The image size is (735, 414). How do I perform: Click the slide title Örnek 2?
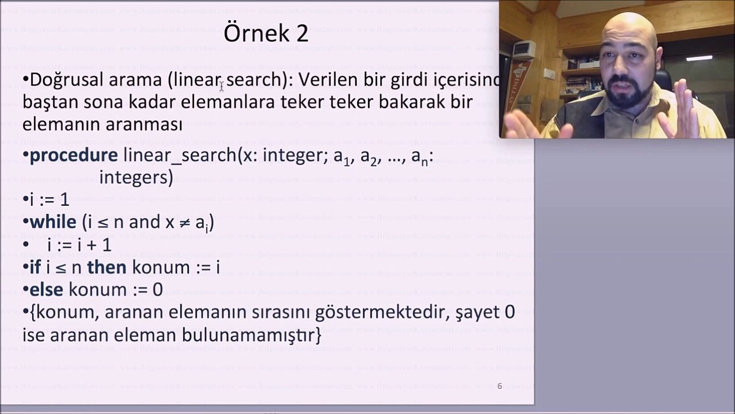pyautogui.click(x=266, y=33)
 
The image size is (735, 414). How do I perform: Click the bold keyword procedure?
pyautogui.click(x=73, y=155)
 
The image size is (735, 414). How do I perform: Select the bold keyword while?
pyautogui.click(x=53, y=222)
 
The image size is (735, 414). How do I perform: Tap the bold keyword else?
pyautogui.click(x=46, y=289)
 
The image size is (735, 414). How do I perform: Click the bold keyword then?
pyautogui.click(x=106, y=267)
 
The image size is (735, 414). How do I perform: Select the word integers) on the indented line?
pyautogui.click(x=136, y=178)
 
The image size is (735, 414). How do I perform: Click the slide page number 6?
pyautogui.click(x=500, y=386)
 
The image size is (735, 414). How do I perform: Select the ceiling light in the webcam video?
pyautogui.click(x=699, y=58)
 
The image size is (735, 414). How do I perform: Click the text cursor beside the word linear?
pyautogui.click(x=222, y=86)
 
